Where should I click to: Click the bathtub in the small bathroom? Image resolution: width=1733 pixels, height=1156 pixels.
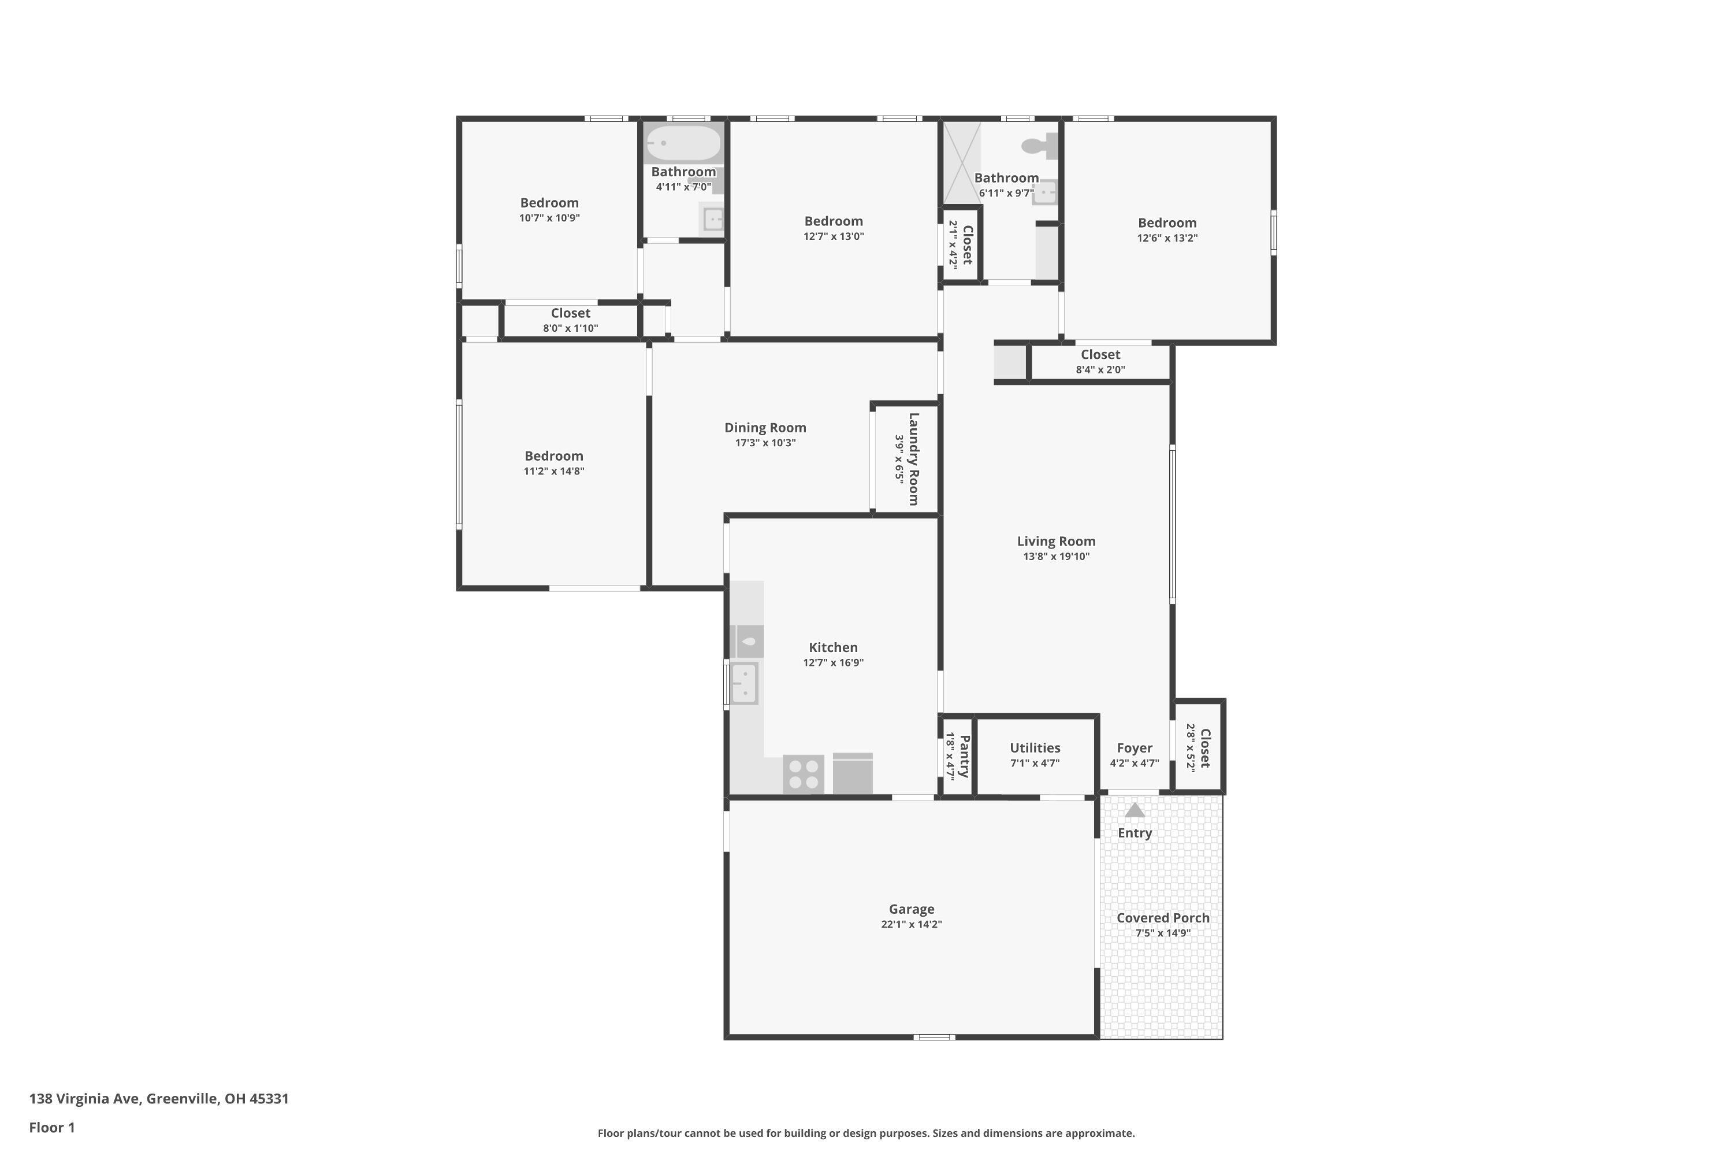click(683, 143)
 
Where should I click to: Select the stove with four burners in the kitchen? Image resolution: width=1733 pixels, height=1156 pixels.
click(803, 774)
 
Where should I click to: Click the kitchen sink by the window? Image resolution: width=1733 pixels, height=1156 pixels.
click(743, 683)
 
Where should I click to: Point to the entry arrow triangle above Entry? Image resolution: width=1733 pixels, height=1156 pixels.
click(1135, 810)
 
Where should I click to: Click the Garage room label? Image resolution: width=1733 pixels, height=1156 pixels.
click(912, 909)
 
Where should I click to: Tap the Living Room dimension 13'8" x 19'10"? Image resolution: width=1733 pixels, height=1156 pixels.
click(1056, 557)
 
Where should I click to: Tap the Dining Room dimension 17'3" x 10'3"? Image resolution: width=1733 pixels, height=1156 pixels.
click(765, 443)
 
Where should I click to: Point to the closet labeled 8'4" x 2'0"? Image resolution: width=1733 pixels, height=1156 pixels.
click(1100, 361)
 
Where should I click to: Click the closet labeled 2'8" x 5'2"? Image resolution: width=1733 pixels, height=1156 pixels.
click(1199, 747)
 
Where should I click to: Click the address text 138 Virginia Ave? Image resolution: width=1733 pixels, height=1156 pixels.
click(158, 1099)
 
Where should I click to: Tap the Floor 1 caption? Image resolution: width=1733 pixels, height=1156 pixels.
click(51, 1127)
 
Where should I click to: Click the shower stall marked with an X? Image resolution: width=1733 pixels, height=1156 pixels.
click(962, 163)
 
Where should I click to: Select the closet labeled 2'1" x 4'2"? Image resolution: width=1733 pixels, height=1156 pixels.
click(961, 244)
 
